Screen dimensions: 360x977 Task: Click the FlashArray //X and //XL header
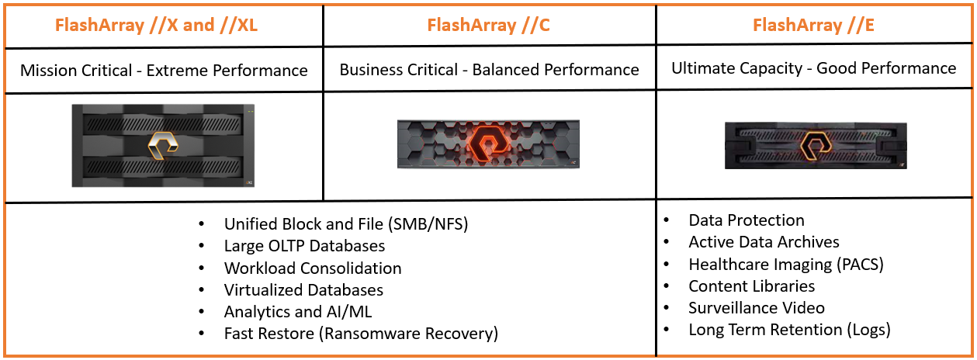coord(156,25)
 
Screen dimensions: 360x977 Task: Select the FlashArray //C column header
coord(488,25)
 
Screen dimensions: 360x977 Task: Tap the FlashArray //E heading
coord(813,25)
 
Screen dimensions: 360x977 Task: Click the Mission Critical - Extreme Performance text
coord(164,71)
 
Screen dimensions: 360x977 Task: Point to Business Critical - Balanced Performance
coord(489,70)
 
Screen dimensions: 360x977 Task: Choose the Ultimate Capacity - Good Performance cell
coord(813,68)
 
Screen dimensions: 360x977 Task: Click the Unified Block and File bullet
coord(346,224)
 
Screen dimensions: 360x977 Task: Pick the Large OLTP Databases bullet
coord(304,246)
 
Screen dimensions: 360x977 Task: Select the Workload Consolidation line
coord(313,268)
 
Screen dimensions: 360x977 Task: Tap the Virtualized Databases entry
coord(303,290)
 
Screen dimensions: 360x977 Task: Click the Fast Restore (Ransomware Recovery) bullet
coord(361,334)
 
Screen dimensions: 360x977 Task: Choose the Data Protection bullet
coord(746,220)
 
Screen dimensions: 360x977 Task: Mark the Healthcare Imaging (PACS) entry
coord(785,264)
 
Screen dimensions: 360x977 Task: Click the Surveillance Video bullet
coord(756,308)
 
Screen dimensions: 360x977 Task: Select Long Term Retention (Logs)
coord(788,330)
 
